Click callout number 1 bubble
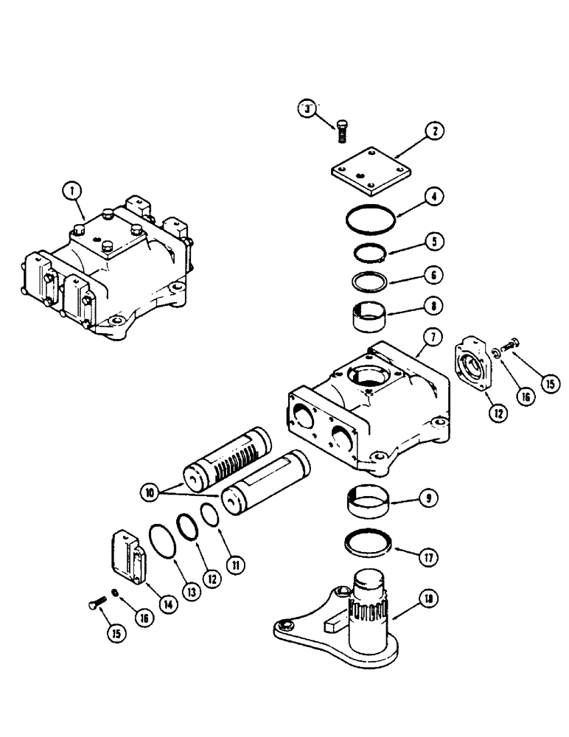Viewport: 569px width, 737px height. tap(71, 191)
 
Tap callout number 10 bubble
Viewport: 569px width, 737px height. tap(150, 489)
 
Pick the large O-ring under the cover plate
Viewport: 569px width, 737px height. tap(371, 219)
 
